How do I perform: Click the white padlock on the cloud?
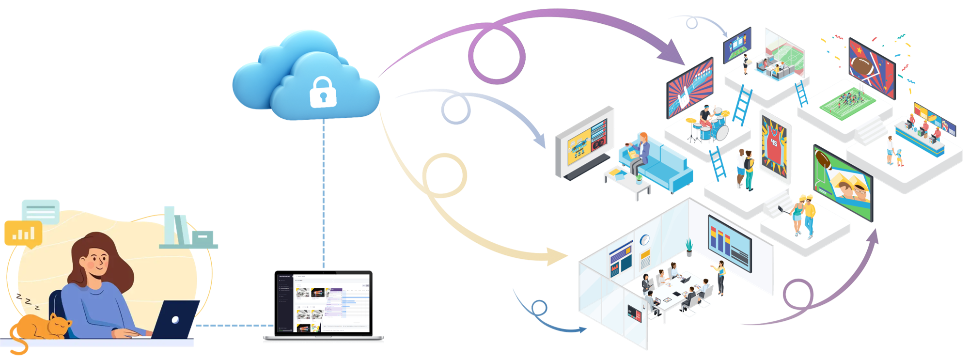323,92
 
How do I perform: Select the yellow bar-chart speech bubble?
23,233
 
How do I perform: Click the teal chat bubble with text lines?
41,211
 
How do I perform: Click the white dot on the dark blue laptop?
175,320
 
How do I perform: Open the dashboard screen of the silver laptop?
323,303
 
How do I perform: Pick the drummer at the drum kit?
705,116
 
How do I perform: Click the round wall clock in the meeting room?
644,240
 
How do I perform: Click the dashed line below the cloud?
323,194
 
